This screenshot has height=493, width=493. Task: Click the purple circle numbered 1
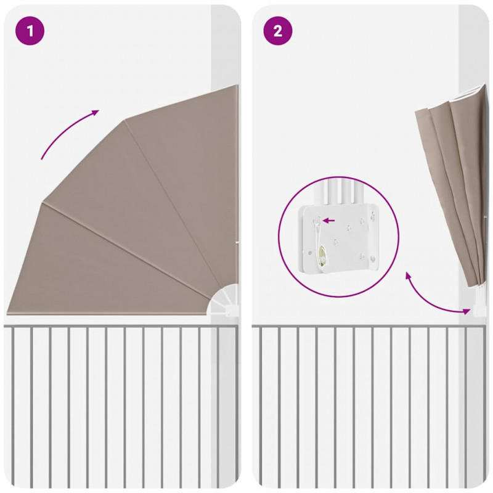(30, 31)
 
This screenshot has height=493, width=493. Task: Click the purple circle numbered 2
(278, 31)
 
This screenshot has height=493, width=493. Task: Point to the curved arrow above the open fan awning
(67, 131)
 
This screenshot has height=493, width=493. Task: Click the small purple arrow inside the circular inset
(328, 221)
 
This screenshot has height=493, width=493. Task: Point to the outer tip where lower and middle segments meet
(42, 202)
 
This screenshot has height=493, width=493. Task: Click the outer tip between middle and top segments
(125, 120)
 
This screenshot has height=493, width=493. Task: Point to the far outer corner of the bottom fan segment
(7, 313)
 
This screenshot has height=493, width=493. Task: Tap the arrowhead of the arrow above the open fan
(96, 112)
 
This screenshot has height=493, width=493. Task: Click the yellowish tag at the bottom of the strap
(322, 255)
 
